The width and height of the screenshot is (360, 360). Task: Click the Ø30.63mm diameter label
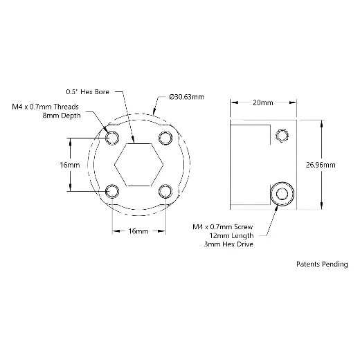[x=186, y=97]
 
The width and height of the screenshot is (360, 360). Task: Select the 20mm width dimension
[x=263, y=102]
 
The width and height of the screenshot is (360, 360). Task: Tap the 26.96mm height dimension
[x=321, y=165]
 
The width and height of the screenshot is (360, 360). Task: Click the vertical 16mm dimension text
[x=70, y=165]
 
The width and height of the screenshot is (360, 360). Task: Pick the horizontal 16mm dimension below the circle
[x=138, y=231]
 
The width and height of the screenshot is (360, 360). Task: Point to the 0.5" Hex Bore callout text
[x=87, y=92]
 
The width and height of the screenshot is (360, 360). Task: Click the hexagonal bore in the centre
[x=139, y=165]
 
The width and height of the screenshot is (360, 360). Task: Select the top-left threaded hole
[x=112, y=138]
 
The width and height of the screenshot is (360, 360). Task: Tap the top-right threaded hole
[x=165, y=138]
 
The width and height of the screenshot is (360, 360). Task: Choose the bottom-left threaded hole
[x=112, y=191]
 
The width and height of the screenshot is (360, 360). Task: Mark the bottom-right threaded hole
[x=165, y=191]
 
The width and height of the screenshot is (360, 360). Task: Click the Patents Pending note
[x=322, y=264]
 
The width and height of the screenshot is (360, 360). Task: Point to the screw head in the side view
[x=282, y=194]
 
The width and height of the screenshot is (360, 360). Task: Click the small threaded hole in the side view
[x=282, y=136]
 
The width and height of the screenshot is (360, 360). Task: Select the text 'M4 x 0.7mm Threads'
[x=45, y=107]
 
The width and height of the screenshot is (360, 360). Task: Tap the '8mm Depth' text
[x=62, y=116]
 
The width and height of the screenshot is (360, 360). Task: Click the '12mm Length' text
[x=231, y=235]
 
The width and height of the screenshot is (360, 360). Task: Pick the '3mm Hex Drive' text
[x=228, y=244]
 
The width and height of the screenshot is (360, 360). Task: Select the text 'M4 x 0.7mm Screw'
[x=223, y=227]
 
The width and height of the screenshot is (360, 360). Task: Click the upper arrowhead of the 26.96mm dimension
[x=322, y=123]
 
